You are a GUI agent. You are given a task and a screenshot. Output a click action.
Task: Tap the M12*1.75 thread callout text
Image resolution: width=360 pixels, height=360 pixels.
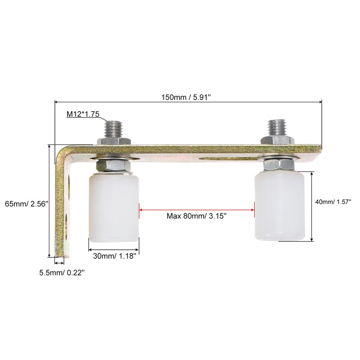[83, 114]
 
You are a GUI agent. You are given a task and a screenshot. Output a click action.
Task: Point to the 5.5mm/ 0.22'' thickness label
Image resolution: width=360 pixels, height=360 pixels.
[61, 272]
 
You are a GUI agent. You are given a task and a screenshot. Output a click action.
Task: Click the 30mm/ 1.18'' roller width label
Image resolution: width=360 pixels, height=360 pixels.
[114, 256]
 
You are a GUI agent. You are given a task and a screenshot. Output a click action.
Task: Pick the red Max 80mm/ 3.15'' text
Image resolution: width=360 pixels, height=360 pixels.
[197, 216]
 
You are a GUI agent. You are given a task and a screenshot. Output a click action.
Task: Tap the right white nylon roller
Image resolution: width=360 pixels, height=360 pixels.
[280, 207]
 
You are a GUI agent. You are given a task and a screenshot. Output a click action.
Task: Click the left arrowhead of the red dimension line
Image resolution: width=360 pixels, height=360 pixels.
[141, 208]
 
